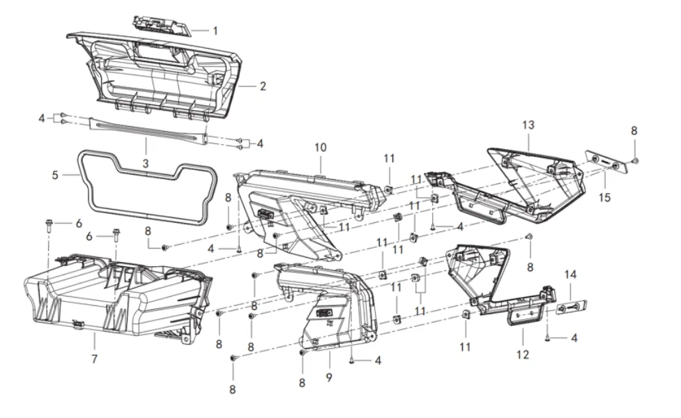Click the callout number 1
coord(215,31)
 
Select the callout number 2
coord(263,87)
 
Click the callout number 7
coord(94,359)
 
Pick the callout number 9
coord(329,378)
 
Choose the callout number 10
coord(320,148)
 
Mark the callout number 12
coord(523,355)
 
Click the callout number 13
coord(528,125)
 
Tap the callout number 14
coord(571,275)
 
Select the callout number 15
coord(604,197)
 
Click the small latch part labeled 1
coord(162,25)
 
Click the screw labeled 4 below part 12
coord(548,337)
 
